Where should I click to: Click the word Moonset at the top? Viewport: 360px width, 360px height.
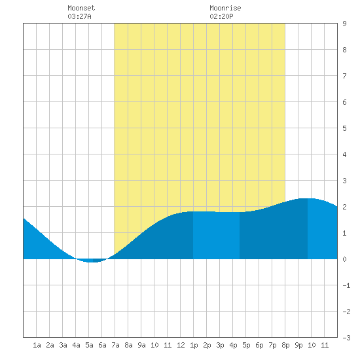tap(81, 8)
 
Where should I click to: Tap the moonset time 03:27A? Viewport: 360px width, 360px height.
tap(79, 16)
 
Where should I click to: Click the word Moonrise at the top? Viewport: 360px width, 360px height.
tap(225, 8)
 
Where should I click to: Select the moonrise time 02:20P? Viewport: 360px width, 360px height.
tap(221, 16)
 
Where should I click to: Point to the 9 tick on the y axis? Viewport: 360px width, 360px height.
tap(344, 24)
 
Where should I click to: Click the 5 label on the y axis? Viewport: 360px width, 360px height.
tap(344, 128)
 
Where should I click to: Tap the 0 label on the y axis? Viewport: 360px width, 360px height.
tap(344, 259)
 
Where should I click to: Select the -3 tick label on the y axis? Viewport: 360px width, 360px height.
tap(346, 338)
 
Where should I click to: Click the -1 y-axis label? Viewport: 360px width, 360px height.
tap(346, 285)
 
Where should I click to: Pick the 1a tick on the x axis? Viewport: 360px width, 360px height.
tap(37, 345)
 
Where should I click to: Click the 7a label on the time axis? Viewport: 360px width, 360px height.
tap(115, 345)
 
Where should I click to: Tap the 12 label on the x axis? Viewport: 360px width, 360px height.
tap(181, 345)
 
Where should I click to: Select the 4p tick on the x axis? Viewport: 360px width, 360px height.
tap(233, 345)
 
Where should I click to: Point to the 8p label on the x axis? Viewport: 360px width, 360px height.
tap(285, 345)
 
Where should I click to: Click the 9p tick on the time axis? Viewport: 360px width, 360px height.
tap(298, 345)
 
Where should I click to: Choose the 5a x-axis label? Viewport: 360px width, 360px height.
tap(89, 345)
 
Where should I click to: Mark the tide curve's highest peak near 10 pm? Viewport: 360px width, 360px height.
tap(308, 199)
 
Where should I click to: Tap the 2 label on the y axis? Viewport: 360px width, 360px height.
tap(344, 207)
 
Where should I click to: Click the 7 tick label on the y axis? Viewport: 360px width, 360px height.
tap(344, 76)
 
